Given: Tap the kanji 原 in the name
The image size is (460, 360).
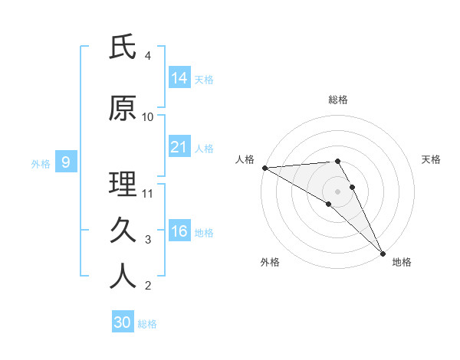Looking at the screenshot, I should (123, 109).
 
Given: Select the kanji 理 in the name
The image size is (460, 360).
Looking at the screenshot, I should (123, 185).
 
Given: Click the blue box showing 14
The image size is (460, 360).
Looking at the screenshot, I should (179, 77).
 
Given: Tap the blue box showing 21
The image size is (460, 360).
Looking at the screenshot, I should (179, 147).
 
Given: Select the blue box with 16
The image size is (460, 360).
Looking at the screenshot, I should (179, 231).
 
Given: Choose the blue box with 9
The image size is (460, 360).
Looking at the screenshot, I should (66, 162).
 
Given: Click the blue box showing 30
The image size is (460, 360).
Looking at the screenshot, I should (123, 322).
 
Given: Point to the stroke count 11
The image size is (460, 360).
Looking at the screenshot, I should (149, 194).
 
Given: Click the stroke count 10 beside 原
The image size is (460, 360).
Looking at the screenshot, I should (148, 117).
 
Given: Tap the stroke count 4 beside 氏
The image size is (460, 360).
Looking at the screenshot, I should (148, 56).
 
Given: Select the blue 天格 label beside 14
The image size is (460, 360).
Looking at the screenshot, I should (204, 79).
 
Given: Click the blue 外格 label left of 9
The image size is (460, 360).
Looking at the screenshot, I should (41, 163).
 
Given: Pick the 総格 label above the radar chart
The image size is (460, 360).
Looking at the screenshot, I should (338, 100).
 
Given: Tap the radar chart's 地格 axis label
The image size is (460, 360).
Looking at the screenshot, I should (402, 262).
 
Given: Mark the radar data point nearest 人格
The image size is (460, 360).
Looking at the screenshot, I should (264, 168).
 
